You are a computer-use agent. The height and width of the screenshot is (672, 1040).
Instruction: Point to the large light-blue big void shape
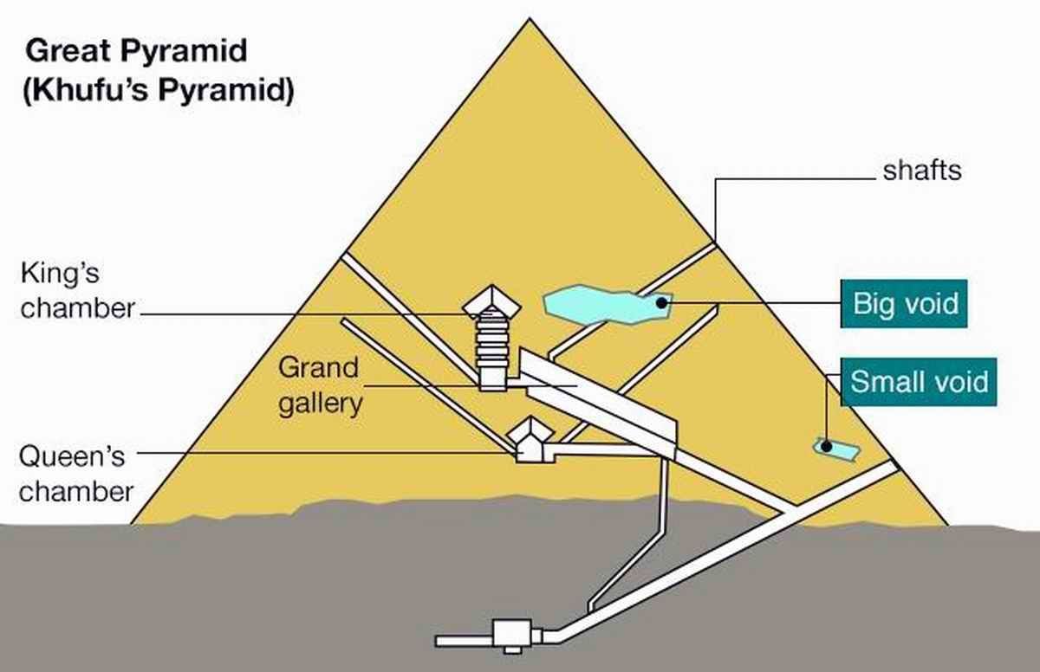pos(598,306)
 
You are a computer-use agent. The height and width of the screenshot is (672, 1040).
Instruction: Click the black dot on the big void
pos(661,302)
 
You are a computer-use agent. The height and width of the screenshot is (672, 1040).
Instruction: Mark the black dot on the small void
pos(827,447)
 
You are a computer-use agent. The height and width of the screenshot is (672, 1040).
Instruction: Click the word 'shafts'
pos(922,171)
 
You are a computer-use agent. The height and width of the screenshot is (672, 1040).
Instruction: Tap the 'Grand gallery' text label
pos(318,385)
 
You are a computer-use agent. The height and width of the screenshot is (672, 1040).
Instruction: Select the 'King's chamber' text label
pos(78,291)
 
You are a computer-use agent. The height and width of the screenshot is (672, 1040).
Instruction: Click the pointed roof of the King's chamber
pos(492,300)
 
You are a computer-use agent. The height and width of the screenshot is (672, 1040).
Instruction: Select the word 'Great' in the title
pos(64,53)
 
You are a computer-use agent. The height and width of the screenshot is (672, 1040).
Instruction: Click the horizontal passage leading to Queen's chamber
pos(607,449)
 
